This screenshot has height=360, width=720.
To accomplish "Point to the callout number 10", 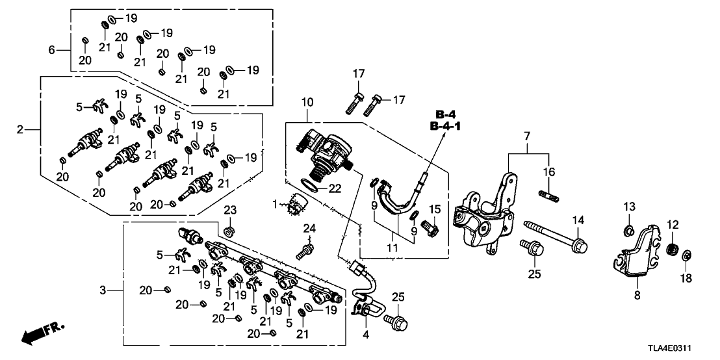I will tap(307, 103).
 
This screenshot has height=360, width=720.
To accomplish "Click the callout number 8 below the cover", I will tap(637, 295).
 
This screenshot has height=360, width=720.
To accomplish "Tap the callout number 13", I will tap(628, 207).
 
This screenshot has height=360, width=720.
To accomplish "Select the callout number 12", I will tap(673, 225).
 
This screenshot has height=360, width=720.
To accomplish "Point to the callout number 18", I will tap(686, 277).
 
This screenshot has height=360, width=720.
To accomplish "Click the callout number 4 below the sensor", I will tap(366, 335).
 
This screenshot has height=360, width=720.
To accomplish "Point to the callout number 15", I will tap(435, 209).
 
